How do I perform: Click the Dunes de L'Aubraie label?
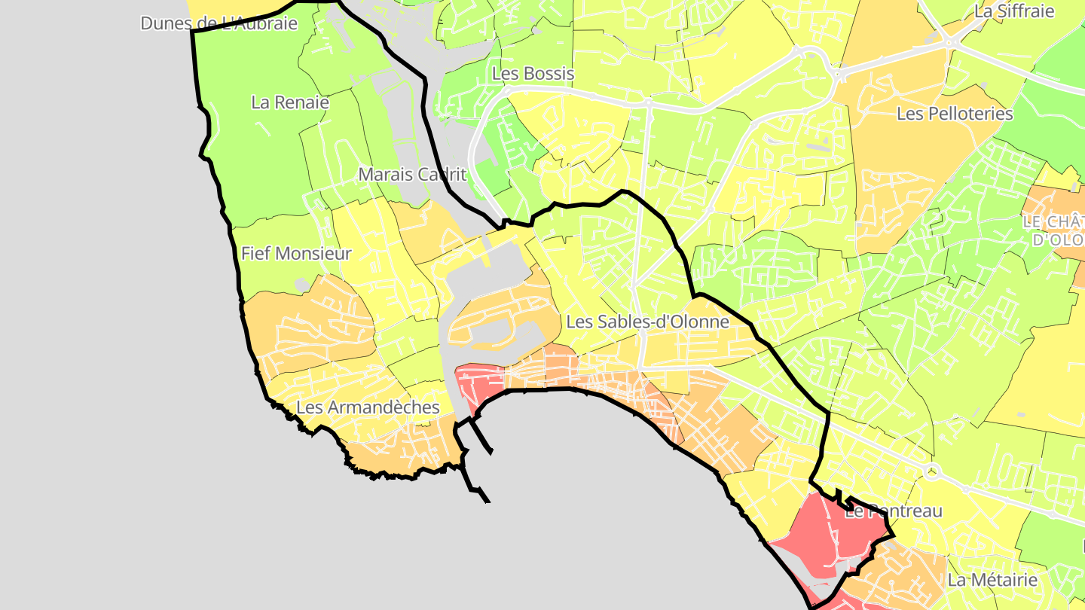pyautogui.click(x=219, y=23)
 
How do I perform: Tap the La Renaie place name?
pyautogui.click(x=290, y=102)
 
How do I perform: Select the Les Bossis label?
pyautogui.click(x=533, y=74)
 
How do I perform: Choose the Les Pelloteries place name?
pyautogui.click(x=955, y=114)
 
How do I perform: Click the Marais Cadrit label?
pyautogui.click(x=412, y=175)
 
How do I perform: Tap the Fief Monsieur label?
pyautogui.click(x=296, y=254)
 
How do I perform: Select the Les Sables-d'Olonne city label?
pyautogui.click(x=647, y=322)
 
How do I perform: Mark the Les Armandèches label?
pyautogui.click(x=368, y=407)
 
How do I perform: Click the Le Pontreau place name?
pyautogui.click(x=894, y=512)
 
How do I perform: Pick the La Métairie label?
pyautogui.click(x=992, y=581)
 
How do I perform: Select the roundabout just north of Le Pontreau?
pyautogui.click(x=933, y=472)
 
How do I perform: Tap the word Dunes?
pyautogui.click(x=163, y=23)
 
